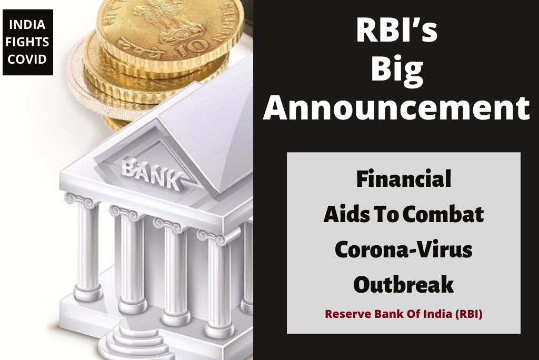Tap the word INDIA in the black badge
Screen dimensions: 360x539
(28, 25)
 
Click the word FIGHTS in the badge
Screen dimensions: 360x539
(28, 42)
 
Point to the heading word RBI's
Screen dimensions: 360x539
(396, 32)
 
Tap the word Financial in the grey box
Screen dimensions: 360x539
(404, 179)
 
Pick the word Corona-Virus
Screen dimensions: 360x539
(404, 249)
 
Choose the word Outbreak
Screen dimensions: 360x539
(404, 285)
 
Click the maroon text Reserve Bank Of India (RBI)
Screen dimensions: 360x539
(404, 315)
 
